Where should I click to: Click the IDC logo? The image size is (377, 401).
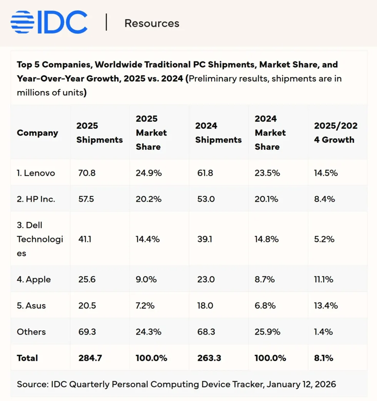pos(49,22)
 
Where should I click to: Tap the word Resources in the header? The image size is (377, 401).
pos(152,23)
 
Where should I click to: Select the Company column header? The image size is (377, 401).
pos(37,133)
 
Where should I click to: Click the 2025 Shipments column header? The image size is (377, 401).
pos(99,133)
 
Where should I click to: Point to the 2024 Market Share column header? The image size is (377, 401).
pos(270,133)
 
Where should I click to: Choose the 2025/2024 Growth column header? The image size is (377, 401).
pos(335,133)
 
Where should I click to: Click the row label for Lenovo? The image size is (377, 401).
pos(36,173)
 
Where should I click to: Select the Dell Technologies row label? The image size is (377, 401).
pos(40,239)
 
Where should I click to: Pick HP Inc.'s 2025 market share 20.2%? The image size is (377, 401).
pos(148,199)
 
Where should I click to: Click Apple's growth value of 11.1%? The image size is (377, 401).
pos(324,279)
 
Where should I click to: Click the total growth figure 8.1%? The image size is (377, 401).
pos(324,358)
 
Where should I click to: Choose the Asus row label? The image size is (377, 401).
pos(31,305)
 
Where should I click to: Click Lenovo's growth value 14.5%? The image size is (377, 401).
pos(325,173)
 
